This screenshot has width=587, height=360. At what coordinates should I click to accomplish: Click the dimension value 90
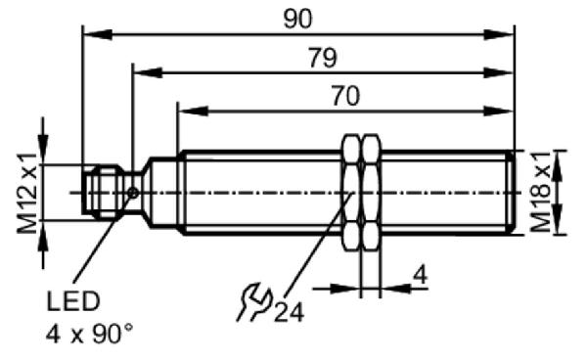point(297,20)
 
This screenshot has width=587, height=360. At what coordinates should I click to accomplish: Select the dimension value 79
point(323,58)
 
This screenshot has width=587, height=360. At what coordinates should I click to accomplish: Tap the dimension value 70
point(345,96)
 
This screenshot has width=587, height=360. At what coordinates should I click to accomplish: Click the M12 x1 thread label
point(27,193)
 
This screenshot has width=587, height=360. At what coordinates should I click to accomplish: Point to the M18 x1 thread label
point(541,192)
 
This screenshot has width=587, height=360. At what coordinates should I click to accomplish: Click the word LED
point(73,301)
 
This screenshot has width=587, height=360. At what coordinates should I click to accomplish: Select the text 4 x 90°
point(89,334)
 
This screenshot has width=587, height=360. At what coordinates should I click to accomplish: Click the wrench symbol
point(254,302)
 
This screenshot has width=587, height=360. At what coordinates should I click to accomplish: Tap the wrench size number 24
point(289,312)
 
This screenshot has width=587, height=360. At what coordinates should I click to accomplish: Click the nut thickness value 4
point(420,276)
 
